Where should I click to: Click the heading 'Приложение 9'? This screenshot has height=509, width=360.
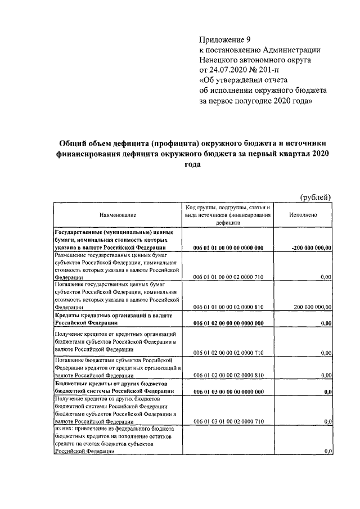click(x=224, y=39)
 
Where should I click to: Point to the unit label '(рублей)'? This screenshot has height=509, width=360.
click(x=314, y=196)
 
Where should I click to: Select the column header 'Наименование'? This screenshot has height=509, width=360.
click(x=118, y=215)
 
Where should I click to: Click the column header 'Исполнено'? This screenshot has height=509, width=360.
click(x=303, y=215)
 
